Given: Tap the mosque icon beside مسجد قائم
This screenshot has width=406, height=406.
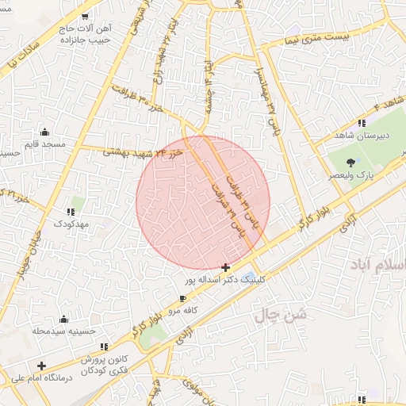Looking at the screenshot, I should coord(44,132).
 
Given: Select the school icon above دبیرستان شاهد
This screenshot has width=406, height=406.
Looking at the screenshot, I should coord(362,123).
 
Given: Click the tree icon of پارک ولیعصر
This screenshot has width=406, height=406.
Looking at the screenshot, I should coord(350,163).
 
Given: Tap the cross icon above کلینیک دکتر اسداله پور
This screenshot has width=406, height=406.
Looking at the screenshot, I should coord(226,268).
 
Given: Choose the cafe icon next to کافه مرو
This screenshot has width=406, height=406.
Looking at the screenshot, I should coord(184,299).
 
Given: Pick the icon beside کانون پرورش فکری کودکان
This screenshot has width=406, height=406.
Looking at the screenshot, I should coord(105,347).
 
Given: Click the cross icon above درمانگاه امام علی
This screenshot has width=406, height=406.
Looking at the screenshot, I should coord(41,366).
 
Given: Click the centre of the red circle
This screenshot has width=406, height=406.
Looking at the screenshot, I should coord(204,202).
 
